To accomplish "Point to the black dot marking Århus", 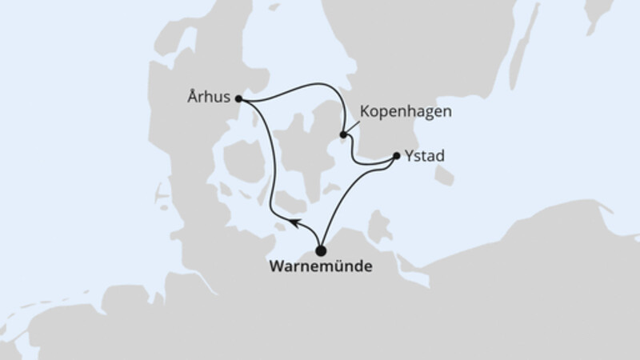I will click(x=239, y=99).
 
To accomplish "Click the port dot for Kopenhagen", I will click(x=343, y=135).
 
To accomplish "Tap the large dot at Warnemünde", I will click(x=322, y=249).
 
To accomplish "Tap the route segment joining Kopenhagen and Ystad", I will click(x=369, y=163).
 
